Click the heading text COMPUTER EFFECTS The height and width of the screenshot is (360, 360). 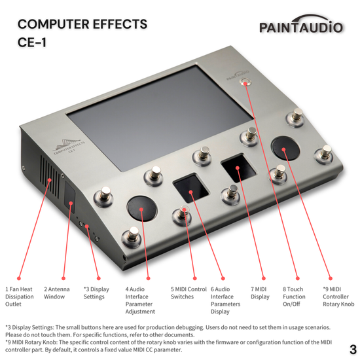pyautogui.click(x=82, y=24)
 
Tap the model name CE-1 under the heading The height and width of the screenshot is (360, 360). pyautogui.click(x=35, y=45)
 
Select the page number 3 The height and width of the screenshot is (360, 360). pyautogui.click(x=352, y=348)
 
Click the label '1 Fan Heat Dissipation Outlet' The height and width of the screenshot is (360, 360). pyautogui.click(x=19, y=296)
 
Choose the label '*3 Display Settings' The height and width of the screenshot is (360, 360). pyautogui.click(x=98, y=292)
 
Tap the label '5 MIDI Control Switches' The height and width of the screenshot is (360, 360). pyautogui.click(x=189, y=292)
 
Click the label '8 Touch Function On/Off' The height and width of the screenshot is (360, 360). pyautogui.click(x=294, y=296)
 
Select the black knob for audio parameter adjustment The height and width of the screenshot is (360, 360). pyautogui.click(x=142, y=209)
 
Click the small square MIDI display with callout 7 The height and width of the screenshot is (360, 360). pyautogui.click(x=238, y=170)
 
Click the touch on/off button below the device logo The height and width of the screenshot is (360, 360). pyautogui.click(x=247, y=83)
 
